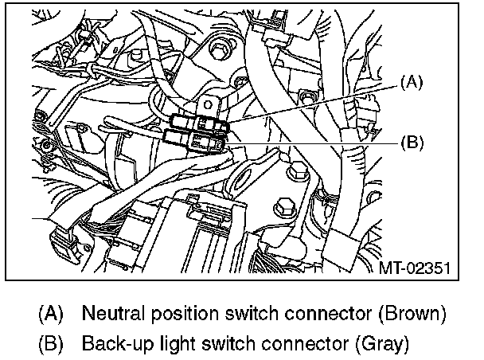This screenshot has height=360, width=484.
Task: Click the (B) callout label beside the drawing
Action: click(412, 143)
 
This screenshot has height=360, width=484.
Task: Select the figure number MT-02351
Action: click(416, 268)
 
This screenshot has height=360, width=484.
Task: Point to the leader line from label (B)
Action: click(318, 143)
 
